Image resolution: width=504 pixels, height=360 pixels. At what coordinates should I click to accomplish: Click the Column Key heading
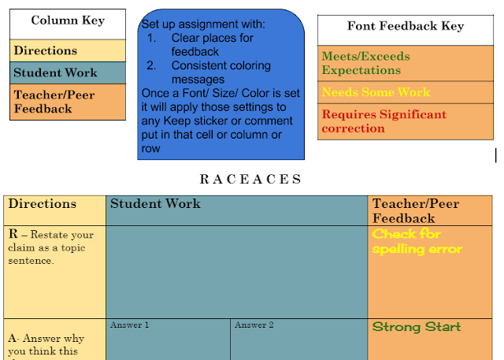coord(67,20)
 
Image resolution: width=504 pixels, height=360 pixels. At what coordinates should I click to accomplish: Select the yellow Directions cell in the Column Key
coord(46,50)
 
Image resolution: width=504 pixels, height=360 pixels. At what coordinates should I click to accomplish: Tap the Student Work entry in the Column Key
coord(55,72)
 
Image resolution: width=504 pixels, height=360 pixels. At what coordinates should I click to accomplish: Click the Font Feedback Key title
coord(405,26)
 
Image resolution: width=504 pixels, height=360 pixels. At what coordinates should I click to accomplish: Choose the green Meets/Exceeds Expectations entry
coord(365,63)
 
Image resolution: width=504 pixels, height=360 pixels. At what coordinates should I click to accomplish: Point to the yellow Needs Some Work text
coord(376,92)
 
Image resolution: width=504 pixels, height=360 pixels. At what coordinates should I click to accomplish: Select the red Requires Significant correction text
coord(384,121)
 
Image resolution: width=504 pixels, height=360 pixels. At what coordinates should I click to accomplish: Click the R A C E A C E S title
coord(250,179)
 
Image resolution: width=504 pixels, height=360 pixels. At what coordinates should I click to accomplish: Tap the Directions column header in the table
coord(43,204)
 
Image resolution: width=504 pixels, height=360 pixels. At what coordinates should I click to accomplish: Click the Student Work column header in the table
coord(155,204)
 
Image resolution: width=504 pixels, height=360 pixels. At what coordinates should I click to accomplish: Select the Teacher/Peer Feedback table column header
coord(415,210)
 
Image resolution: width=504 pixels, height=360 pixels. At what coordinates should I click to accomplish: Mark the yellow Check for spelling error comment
coord(417,242)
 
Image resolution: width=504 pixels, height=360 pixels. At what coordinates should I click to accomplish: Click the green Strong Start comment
coord(417,327)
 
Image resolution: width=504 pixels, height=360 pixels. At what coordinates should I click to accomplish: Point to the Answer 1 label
coord(129,325)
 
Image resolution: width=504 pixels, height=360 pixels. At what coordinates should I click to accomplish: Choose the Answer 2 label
coord(254,325)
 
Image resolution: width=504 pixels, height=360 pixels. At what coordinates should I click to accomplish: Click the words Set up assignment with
coord(203,24)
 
